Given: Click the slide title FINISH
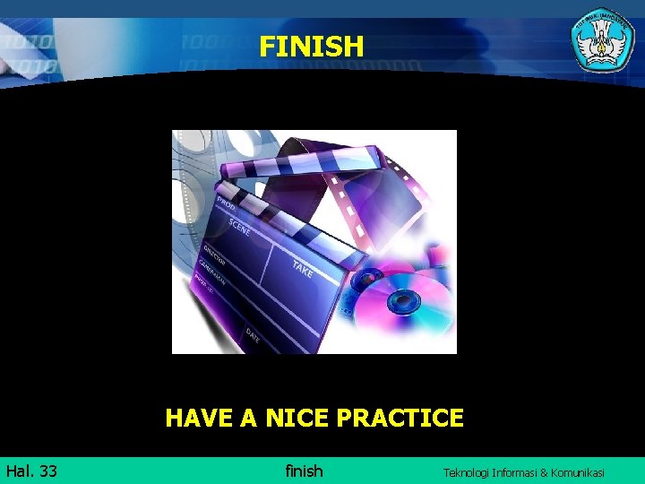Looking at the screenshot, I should pyautogui.click(x=312, y=46).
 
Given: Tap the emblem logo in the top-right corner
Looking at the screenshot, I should pyautogui.click(x=603, y=39).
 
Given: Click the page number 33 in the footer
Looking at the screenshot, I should pyautogui.click(x=48, y=471).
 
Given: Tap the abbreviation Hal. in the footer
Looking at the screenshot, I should pyautogui.click(x=20, y=471).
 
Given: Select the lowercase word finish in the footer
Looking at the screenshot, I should pyautogui.click(x=304, y=471).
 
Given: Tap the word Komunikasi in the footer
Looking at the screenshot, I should pyautogui.click(x=580, y=472).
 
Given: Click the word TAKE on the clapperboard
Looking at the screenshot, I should pyautogui.click(x=303, y=266).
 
